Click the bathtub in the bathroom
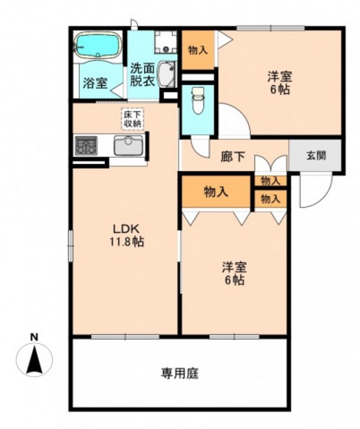click(99, 44)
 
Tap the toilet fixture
click(198, 100)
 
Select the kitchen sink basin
click(129, 146)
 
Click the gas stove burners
click(86, 146)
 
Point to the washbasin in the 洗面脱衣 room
click(166, 74)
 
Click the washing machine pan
click(165, 42)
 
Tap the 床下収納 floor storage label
click(133, 120)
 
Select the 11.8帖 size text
click(127, 241)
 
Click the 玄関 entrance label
click(316, 156)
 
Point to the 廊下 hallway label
click(233, 157)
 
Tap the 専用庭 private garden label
click(180, 373)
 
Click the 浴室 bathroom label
click(95, 83)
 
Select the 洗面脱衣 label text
click(142, 75)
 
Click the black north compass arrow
click(34, 359)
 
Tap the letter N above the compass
click(34, 337)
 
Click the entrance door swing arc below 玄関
click(316, 191)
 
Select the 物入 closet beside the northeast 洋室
click(198, 50)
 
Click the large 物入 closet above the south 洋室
click(216, 192)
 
